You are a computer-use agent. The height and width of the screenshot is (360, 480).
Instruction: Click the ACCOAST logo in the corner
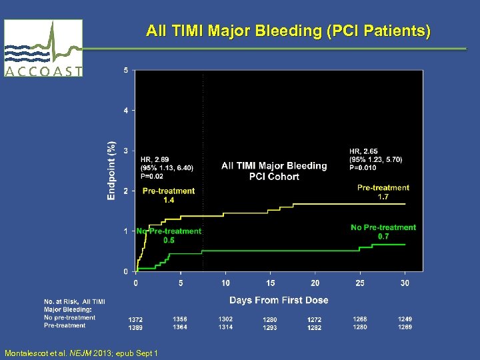[x=43, y=48]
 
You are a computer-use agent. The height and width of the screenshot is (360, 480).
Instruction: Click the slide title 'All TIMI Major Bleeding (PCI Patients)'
[x=288, y=31]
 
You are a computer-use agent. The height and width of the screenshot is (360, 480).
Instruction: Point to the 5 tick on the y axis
[x=127, y=70]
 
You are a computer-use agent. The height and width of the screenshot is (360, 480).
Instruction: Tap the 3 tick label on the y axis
[x=127, y=151]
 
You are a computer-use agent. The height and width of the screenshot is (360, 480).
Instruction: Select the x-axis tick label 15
[x=271, y=283]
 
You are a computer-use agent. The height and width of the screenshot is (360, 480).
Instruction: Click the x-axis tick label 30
[x=405, y=283]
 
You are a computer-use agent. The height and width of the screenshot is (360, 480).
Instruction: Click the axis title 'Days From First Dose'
[x=278, y=300]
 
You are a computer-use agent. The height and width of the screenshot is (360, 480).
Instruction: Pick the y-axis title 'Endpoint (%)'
[x=112, y=170]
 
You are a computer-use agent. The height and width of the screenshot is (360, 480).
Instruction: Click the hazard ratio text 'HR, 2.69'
[x=155, y=159]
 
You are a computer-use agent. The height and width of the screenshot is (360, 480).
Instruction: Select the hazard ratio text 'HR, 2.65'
[x=363, y=151]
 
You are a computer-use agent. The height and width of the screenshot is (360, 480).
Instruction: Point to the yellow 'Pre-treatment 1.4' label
[x=169, y=195]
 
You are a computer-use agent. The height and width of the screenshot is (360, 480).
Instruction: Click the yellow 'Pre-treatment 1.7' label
[x=383, y=192]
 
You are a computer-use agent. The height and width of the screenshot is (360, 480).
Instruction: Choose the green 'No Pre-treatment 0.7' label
[x=383, y=231]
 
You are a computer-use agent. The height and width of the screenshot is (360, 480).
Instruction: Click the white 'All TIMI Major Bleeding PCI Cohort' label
[x=274, y=171]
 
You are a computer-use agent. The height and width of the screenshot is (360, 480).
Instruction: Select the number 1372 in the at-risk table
[x=135, y=320]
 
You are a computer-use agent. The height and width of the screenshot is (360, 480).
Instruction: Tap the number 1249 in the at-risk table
[x=405, y=319]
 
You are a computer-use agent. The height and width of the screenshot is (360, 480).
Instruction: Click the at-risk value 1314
[x=225, y=327]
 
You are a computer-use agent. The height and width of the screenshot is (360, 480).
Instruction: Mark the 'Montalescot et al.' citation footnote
[x=81, y=353]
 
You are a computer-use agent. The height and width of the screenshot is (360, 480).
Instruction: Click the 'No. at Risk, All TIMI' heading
[x=74, y=302]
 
